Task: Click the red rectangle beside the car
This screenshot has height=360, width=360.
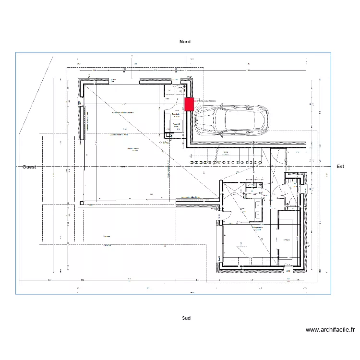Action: click(189, 104)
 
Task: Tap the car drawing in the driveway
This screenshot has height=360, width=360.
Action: click(230, 120)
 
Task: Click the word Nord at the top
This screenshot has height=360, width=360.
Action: click(185, 42)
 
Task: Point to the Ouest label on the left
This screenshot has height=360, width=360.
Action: click(30, 167)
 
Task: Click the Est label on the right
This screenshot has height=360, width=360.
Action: click(340, 167)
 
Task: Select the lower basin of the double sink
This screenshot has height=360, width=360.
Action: click(258, 215)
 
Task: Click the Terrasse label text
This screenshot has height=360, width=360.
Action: click(107, 237)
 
